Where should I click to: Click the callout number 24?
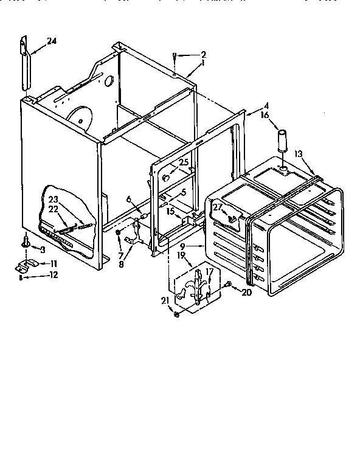52,41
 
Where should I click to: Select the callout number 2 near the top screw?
204,54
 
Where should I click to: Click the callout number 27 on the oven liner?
216,207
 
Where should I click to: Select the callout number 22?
53,209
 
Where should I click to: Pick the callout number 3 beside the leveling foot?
43,249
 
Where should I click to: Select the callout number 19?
181,256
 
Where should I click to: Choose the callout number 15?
171,211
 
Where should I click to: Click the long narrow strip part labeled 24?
26,64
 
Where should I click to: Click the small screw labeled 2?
175,57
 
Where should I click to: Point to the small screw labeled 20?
227,285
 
